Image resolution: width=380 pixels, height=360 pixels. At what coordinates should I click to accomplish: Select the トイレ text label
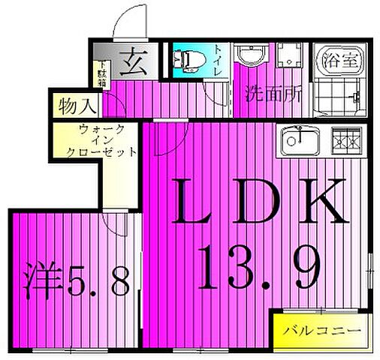[x=218, y=60]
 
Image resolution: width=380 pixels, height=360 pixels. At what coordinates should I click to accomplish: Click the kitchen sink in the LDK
[x=300, y=139]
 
